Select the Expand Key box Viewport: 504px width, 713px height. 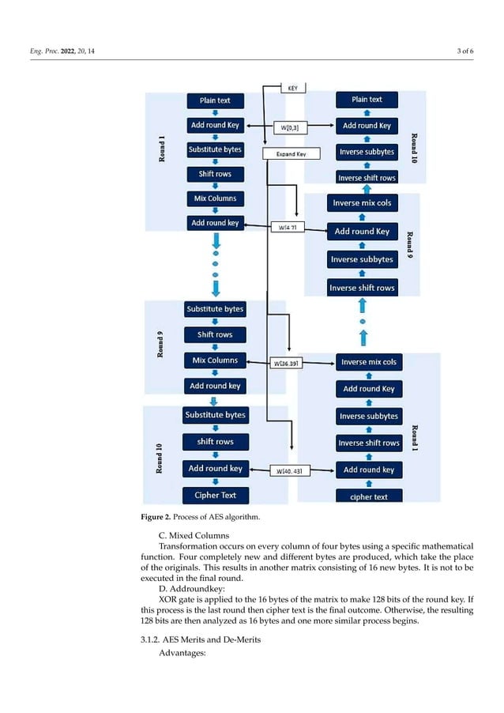tap(291, 154)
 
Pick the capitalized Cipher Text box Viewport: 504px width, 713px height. tap(215, 496)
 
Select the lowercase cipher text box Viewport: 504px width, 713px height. tap(368, 496)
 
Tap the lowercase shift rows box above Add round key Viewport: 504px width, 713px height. tap(215, 442)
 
